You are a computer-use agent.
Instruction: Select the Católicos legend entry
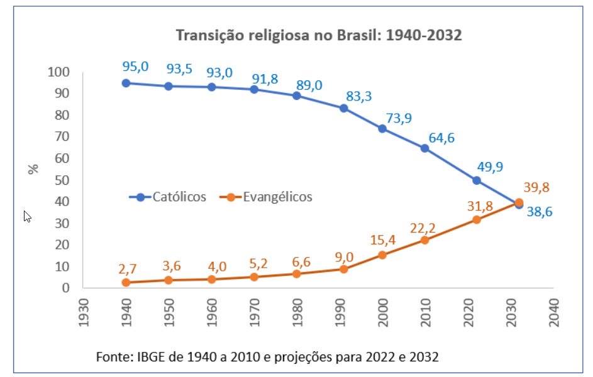point(168,197)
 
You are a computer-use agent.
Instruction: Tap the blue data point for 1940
point(126,83)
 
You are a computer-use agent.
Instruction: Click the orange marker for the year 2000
point(382,254)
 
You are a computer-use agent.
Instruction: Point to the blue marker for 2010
point(424,148)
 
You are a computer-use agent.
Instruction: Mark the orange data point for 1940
point(126,282)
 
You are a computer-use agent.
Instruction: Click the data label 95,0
point(135,65)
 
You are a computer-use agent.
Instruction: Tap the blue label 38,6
point(540,212)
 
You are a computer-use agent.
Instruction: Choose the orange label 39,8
point(536,187)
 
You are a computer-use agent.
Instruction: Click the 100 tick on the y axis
point(58,72)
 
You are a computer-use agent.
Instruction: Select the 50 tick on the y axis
point(61,180)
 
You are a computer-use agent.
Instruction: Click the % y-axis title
point(33,168)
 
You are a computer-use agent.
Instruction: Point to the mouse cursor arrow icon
point(27,216)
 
